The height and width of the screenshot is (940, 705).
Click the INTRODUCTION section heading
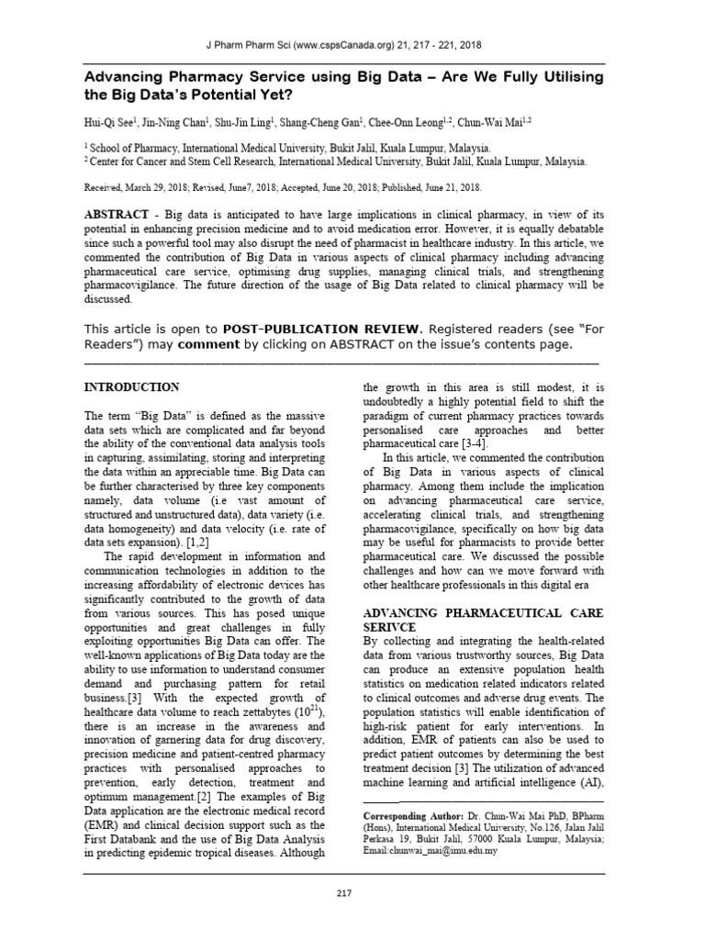click(x=131, y=386)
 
